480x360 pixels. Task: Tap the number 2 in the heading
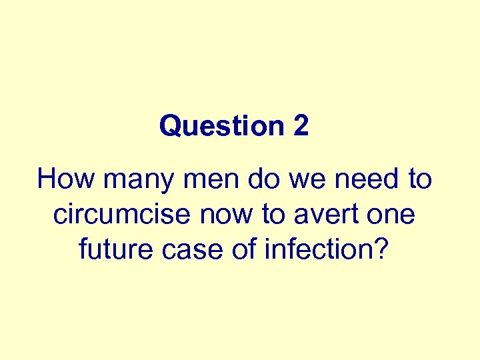[x=301, y=126]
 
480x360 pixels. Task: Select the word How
[x=62, y=179]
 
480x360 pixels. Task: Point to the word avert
[x=323, y=215]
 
